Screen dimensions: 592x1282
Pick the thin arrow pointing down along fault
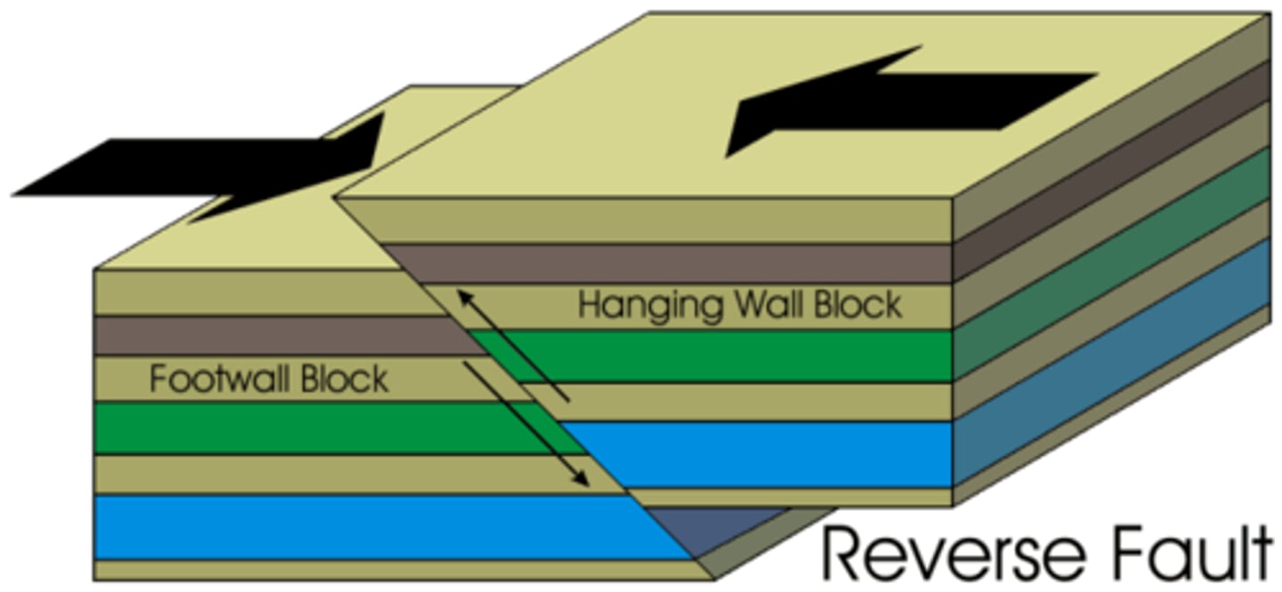525,424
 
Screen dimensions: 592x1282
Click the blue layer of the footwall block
356,527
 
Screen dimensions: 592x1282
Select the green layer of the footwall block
312,428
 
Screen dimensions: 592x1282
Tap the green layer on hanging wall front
712,356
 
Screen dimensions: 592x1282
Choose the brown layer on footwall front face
267,336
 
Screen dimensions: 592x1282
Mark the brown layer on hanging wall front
668,264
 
